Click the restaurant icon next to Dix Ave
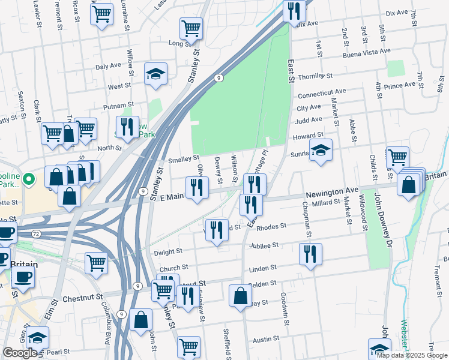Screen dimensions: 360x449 tap(294, 11)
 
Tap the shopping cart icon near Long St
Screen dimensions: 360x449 tap(191, 28)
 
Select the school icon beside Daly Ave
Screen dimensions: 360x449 tap(156, 74)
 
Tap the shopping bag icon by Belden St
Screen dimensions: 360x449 tap(240, 296)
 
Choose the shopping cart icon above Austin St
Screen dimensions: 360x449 tap(188, 346)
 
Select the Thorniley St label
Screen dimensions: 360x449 tap(315, 77)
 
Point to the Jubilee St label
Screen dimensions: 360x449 tap(267, 245)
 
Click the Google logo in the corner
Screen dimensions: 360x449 tap(20, 353)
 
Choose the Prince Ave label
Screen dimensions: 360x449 tap(400, 85)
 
